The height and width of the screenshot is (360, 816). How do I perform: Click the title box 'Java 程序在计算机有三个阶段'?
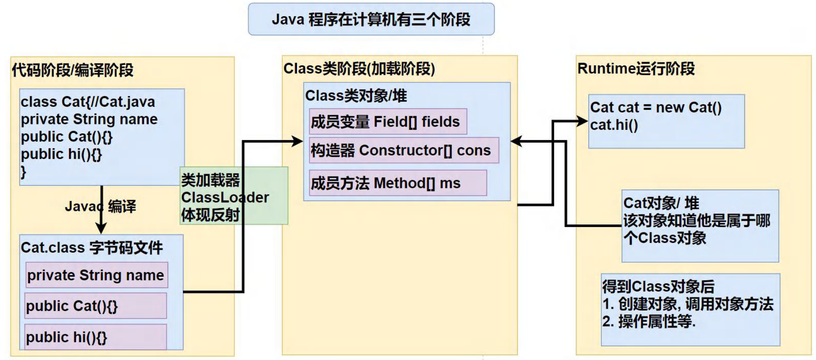coord(371,19)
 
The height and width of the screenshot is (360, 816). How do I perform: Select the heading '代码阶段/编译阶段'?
coord(73,70)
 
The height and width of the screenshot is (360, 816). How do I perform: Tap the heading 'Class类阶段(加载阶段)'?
coord(359,69)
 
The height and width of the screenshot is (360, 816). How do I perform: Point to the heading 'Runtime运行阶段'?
coord(636,69)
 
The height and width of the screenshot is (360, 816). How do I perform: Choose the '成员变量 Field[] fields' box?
coord(387,122)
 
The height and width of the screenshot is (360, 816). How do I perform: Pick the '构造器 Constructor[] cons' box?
coord(404,150)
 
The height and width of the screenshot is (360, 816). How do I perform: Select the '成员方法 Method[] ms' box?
coord(397,183)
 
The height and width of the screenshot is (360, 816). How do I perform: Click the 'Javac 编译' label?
coord(100,207)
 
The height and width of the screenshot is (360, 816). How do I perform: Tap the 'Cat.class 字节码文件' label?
coord(91,248)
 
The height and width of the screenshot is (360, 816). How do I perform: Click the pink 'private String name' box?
coord(96,275)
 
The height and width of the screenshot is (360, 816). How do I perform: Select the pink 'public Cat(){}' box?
coord(95,306)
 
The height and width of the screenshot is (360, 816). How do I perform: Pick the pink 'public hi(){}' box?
coord(95,337)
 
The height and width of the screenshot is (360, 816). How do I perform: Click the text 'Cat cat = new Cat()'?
coord(656,108)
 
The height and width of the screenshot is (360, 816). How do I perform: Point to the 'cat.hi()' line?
coord(614,125)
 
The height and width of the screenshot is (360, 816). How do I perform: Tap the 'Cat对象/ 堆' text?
coord(661,203)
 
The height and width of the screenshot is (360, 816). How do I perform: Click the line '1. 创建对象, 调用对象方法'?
coord(688,304)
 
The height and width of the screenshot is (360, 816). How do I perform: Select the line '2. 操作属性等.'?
coord(649,322)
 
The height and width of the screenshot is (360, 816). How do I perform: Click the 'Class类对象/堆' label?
coord(356,96)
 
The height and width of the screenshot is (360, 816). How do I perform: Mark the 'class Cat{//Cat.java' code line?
coord(88,102)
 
